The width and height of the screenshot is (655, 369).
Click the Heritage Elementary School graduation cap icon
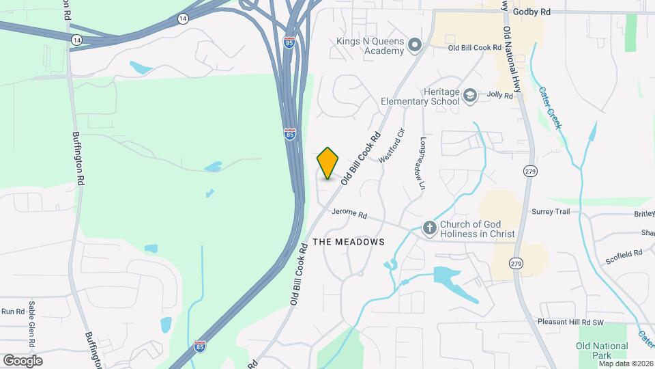[469, 95]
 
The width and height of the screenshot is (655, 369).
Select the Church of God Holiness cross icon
[430, 227]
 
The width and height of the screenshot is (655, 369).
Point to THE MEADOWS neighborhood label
[349, 242]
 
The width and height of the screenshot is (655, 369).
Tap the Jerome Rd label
[349, 214]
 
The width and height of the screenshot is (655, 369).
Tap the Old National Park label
[602, 351]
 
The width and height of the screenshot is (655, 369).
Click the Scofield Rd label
[624, 257]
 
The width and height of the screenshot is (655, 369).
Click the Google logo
[23, 360]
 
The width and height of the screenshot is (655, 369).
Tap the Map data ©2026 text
[625, 364]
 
